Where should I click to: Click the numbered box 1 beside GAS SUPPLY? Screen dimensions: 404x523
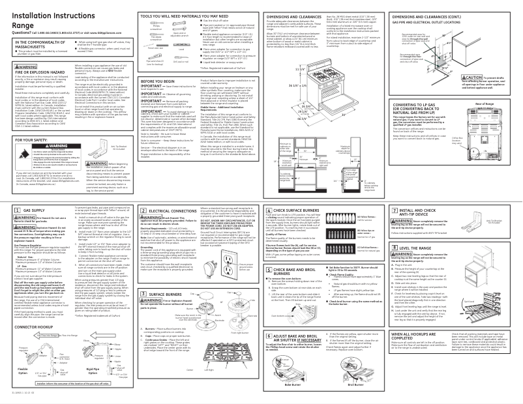click(8, 212)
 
